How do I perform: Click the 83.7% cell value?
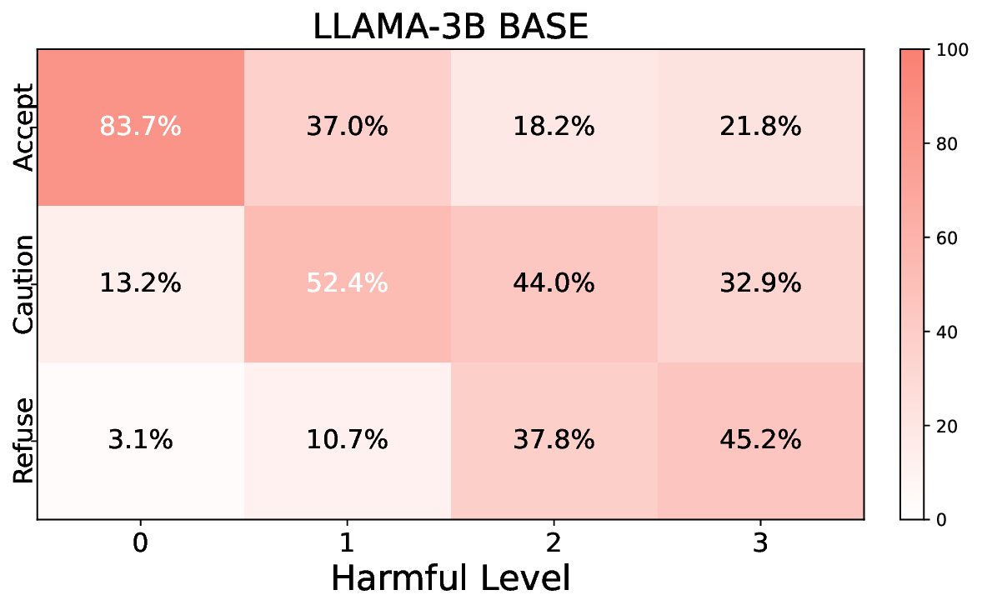140,127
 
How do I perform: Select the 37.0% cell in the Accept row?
347,127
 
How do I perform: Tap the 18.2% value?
554,127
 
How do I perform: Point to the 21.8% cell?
760,127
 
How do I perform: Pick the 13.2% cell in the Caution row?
140,283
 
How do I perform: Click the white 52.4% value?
347,283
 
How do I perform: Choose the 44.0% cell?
554,283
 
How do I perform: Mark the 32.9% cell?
760,283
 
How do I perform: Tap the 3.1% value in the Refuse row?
140,440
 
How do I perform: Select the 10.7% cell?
347,440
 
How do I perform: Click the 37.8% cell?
554,440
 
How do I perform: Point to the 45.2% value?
760,440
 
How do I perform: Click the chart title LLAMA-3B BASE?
450,27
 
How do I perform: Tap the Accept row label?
24,127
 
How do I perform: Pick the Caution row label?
24,283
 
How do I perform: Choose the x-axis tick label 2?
554,543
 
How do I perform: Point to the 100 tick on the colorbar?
951,50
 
